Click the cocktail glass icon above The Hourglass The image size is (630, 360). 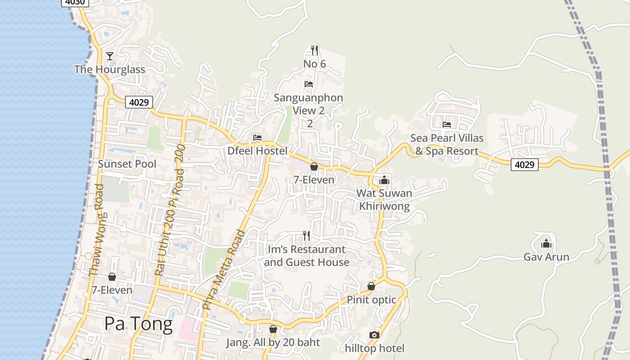click(x=109, y=56)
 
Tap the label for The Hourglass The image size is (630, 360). click(x=110, y=69)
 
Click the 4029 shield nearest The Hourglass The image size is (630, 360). click(x=139, y=102)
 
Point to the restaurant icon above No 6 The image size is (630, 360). click(x=315, y=50)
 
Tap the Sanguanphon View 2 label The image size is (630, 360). click(x=309, y=104)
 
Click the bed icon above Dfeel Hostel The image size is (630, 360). click(x=257, y=138)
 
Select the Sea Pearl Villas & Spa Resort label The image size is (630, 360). click(x=447, y=144)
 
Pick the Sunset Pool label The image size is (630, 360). click(x=127, y=164)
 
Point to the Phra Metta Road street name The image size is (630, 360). click(x=224, y=269)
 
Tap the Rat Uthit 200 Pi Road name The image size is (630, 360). click(x=170, y=210)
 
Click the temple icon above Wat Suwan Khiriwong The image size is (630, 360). click(x=384, y=180)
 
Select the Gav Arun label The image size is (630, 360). click(x=546, y=257)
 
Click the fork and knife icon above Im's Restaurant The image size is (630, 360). click(x=306, y=235)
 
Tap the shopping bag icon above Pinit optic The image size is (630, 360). click(x=371, y=286)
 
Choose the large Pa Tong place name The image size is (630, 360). click(x=139, y=324)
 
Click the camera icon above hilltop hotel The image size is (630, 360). click(x=374, y=335)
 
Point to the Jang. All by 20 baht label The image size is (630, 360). click(x=273, y=342)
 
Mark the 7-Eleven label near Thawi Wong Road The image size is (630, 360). click(x=112, y=290)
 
